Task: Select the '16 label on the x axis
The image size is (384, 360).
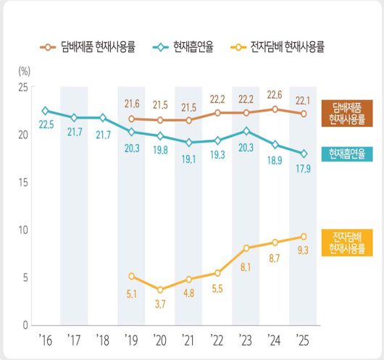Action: click(45, 338)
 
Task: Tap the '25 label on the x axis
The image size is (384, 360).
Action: click(303, 338)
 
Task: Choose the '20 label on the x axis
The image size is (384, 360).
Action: click(159, 338)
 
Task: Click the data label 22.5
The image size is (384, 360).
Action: click(45, 125)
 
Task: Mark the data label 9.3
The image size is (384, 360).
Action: click(303, 251)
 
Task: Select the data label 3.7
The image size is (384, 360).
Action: click(159, 304)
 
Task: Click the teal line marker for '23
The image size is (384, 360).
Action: click(246, 131)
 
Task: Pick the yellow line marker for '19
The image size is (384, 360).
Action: click(131, 276)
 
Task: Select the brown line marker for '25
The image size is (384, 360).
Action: click(303, 114)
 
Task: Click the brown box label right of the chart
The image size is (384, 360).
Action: click(346, 112)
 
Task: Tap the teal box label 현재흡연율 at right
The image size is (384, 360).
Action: click(346, 154)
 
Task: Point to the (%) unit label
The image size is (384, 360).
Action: click(23, 72)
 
